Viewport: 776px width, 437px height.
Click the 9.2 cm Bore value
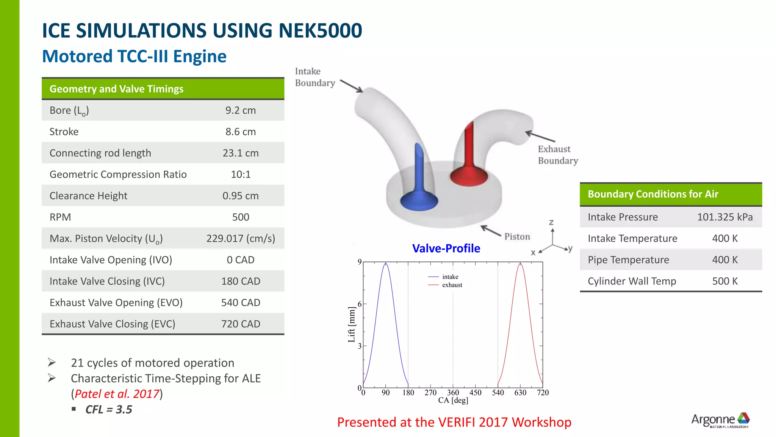pos(241,110)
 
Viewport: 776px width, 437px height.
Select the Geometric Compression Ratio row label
pos(118,174)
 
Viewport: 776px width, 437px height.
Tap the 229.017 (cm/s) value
pos(241,239)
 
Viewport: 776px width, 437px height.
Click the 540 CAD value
pos(241,303)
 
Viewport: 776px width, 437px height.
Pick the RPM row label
pos(60,217)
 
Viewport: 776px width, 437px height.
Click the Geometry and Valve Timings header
pos(116,89)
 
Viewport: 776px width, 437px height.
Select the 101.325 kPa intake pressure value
pos(724,217)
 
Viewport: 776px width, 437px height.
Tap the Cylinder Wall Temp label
pos(632,281)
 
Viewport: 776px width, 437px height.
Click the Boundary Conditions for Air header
pos(652,194)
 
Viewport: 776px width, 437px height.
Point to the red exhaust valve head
pos(469,176)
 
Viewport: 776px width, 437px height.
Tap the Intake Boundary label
pos(314,77)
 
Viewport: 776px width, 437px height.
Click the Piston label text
pos(517,237)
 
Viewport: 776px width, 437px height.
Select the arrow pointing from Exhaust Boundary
pos(540,137)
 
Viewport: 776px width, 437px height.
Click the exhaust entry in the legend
pos(452,285)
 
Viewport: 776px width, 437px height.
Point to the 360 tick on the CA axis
pos(453,393)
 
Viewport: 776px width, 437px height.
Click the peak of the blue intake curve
pos(386,263)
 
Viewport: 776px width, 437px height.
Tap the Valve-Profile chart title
pos(446,248)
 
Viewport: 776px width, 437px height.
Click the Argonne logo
pos(720,420)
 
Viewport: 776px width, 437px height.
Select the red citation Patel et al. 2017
pos(117,394)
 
